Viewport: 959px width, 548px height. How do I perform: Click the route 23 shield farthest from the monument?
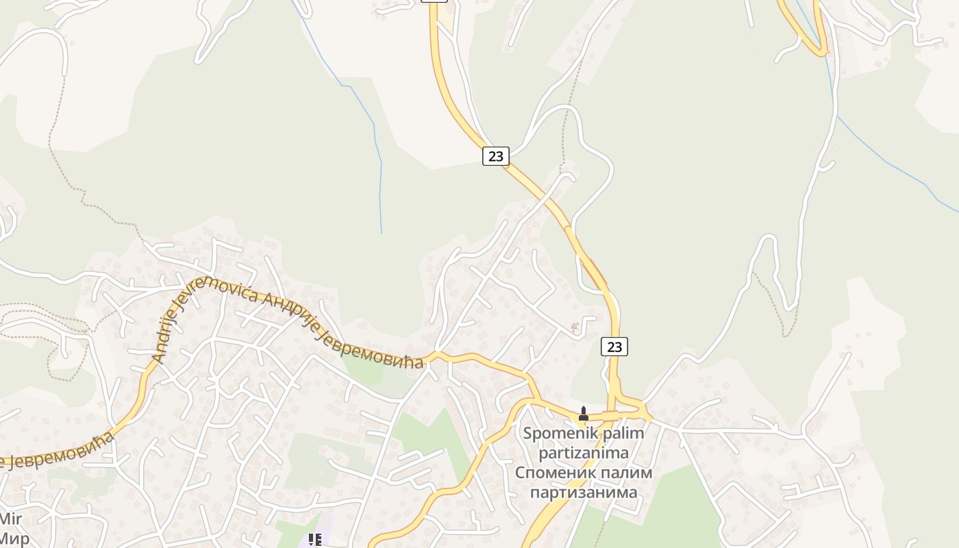coord(496,156)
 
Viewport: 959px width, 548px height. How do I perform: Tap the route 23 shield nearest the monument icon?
coord(614,347)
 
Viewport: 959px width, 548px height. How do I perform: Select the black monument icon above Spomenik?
coord(584,413)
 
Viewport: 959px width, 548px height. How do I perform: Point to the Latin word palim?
coord(625,434)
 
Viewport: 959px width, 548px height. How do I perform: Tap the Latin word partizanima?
coord(583,453)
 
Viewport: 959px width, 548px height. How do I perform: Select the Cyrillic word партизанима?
coord(583,492)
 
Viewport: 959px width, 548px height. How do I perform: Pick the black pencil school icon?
coord(315,540)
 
